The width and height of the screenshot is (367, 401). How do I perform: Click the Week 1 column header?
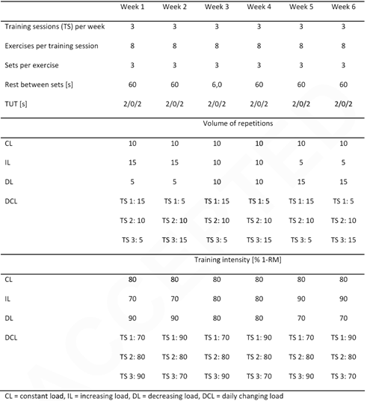(133, 6)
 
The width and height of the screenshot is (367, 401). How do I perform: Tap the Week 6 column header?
(343, 6)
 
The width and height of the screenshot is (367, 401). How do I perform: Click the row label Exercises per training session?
(53, 46)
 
